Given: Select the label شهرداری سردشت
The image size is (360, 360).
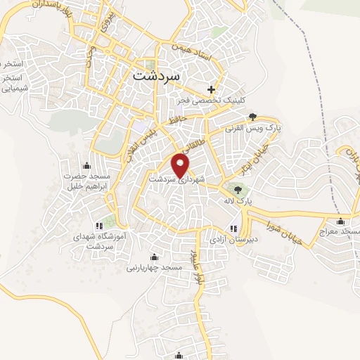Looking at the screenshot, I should pos(176,180).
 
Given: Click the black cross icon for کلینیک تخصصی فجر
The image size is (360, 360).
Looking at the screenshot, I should pos(212,89).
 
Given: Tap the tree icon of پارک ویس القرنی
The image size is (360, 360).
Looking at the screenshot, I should pos(252,117).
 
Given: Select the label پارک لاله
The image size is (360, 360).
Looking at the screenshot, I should pos(238,201).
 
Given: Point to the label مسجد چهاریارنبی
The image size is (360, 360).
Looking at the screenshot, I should pos(155,268).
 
